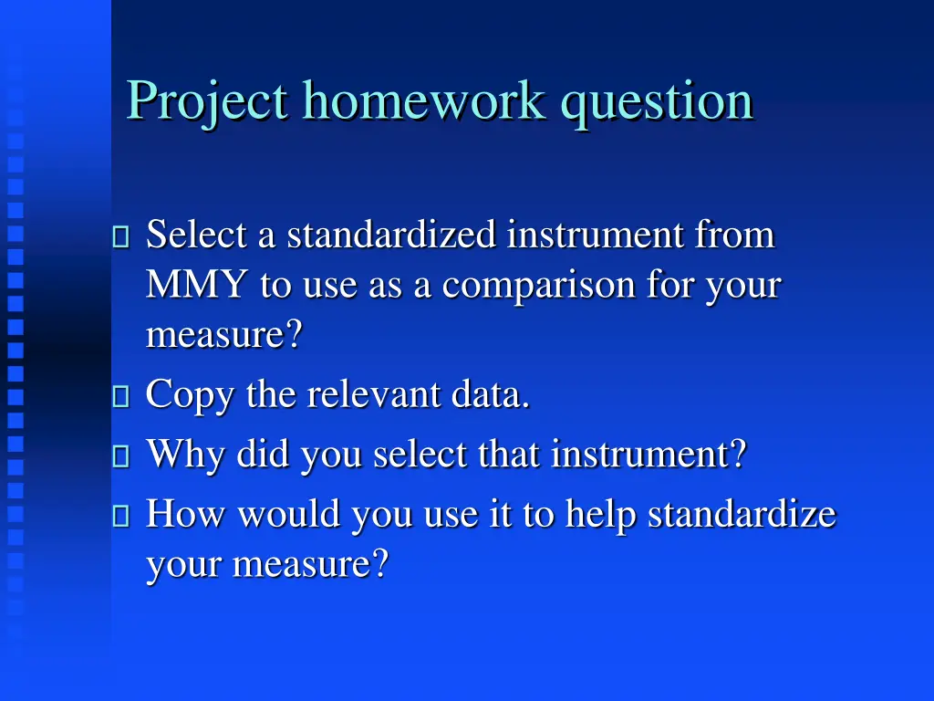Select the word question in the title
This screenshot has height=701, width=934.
pos(657,100)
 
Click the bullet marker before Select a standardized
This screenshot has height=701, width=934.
pos(121,237)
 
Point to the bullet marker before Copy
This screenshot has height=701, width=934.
pos(121,397)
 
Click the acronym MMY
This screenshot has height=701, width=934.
pos(196,286)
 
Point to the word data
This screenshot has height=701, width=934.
pos(498,395)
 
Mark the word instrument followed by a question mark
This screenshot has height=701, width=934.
pos(648,455)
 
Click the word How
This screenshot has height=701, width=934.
pos(187,515)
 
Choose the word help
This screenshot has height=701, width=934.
pos(602,515)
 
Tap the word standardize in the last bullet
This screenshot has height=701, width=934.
pos(742,515)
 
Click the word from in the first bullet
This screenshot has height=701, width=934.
pos(734,235)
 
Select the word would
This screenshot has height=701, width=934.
pos(290,515)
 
